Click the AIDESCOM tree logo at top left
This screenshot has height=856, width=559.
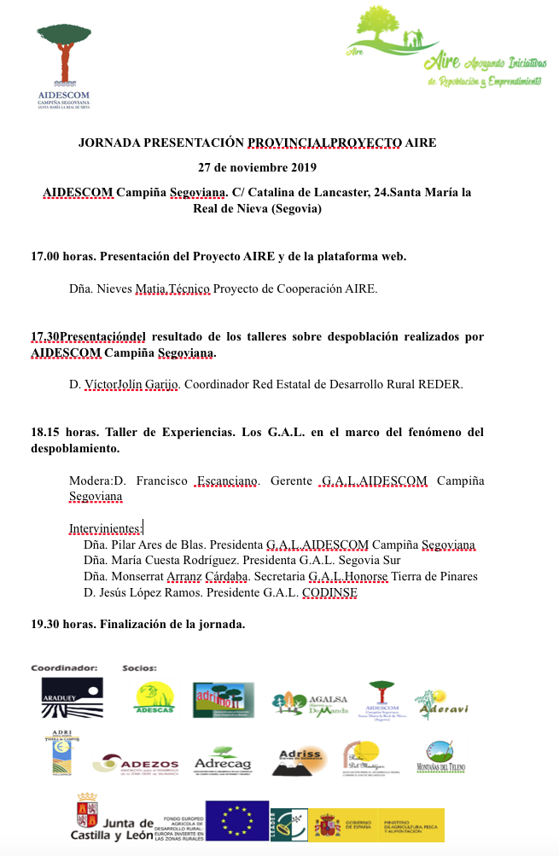64,65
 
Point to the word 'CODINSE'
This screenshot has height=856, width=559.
329,592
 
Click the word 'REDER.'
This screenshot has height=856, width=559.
441,384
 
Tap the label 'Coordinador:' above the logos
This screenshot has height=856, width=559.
64,667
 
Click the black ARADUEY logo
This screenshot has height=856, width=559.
73,697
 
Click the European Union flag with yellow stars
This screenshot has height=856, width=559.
236,820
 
